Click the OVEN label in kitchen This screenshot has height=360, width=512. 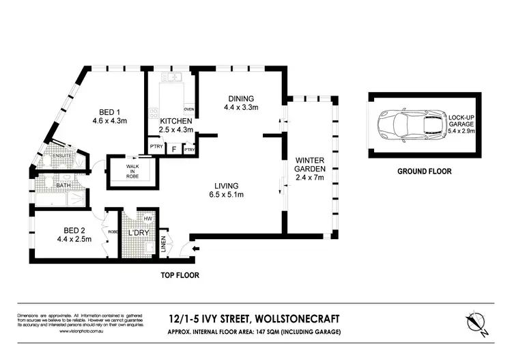point(188,109)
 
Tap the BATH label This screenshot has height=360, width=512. point(63,184)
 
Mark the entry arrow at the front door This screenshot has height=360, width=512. point(197,249)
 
